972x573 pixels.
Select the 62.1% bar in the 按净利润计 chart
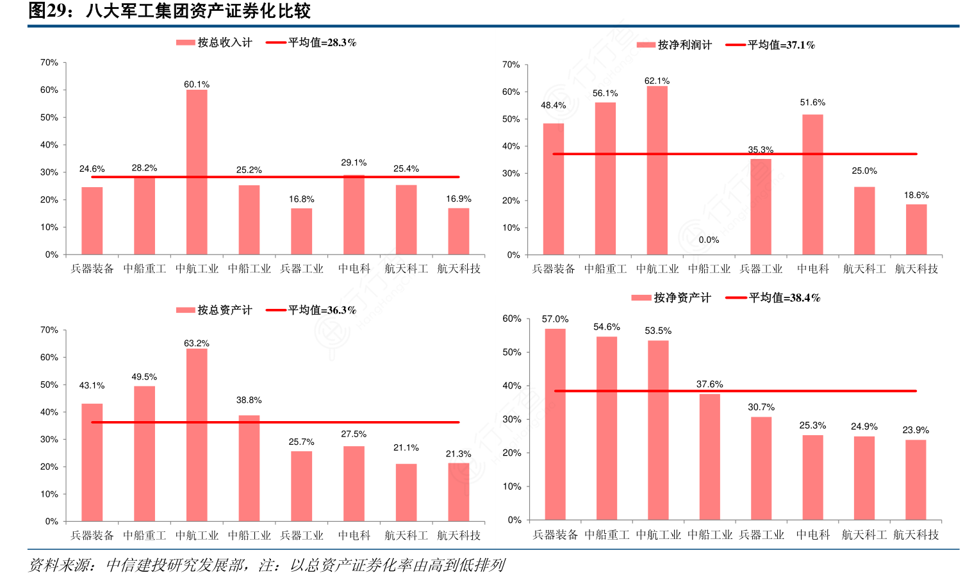pos(657,170)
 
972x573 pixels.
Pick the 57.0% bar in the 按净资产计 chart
pos(555,424)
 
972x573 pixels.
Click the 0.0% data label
pos(709,240)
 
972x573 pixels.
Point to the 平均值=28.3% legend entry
pos(311,43)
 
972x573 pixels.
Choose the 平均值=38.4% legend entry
pos(773,298)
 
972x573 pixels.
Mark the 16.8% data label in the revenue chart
pos(301,199)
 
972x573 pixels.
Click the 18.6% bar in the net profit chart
pos(916,229)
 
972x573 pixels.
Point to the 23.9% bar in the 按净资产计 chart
pos(916,479)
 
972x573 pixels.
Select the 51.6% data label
pos(812,103)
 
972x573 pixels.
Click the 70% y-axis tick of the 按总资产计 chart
pos(49,330)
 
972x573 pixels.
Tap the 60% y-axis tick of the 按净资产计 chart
pos(511,319)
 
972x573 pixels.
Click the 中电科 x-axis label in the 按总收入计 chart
pos(354,269)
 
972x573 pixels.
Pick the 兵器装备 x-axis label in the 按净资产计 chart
pos(555,535)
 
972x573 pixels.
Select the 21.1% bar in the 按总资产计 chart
pos(406,492)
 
